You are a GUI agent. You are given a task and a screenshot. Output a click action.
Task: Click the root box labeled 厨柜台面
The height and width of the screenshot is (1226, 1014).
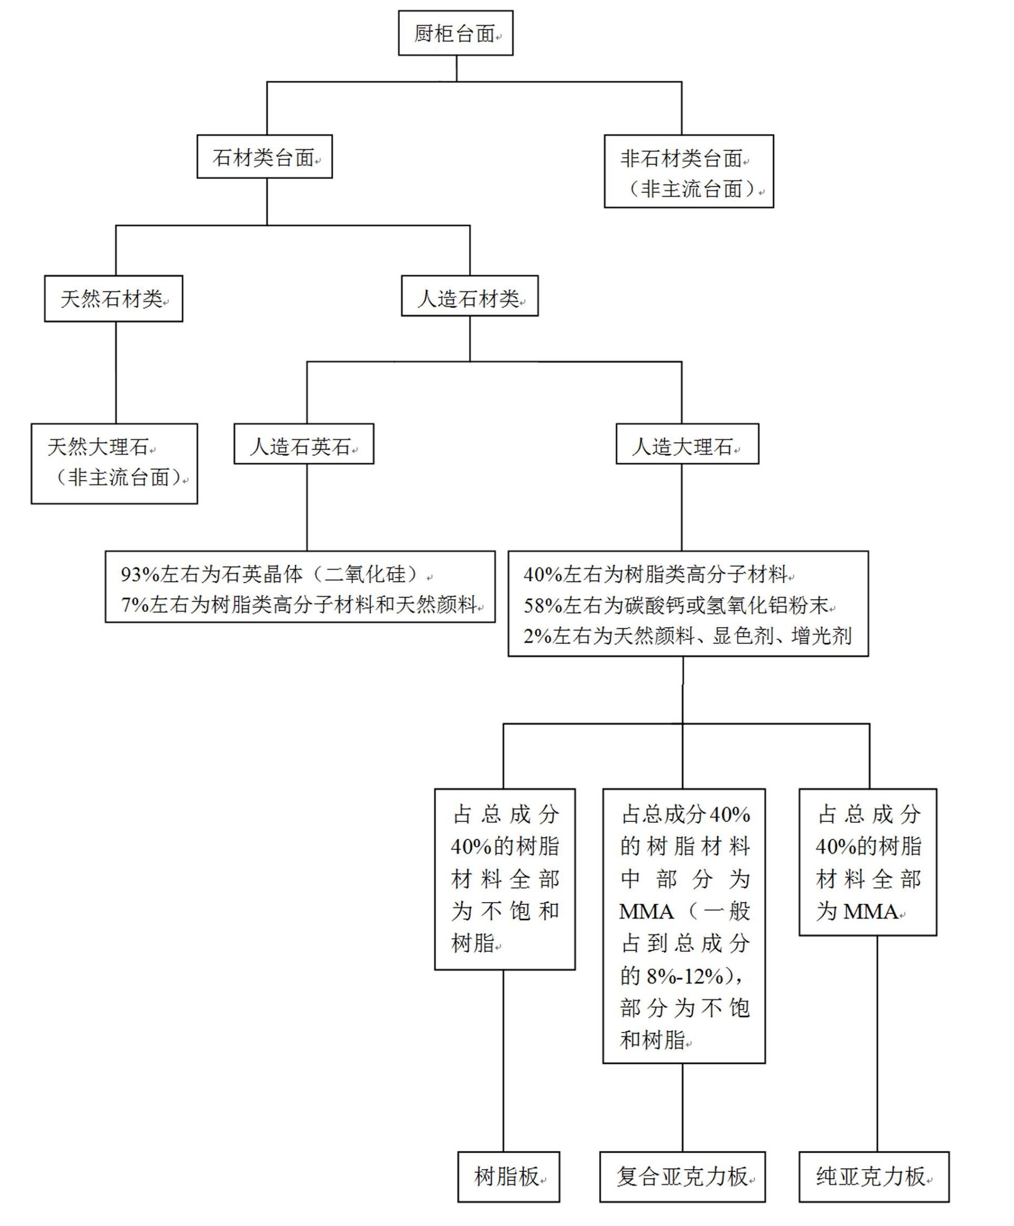pos(456,33)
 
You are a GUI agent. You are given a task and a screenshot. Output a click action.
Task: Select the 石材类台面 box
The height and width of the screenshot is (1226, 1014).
pos(264,157)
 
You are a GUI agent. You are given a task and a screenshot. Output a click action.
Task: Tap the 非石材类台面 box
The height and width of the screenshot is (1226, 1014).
pos(689,172)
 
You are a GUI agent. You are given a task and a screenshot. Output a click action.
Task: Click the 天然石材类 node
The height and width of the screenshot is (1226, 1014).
pos(113,299)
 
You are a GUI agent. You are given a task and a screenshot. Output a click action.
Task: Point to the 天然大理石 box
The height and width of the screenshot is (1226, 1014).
pos(114,463)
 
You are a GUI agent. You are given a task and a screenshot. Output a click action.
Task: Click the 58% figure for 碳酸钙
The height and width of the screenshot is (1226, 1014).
pos(543,606)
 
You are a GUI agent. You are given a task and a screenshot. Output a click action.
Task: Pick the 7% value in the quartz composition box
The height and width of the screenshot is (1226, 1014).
pos(134,605)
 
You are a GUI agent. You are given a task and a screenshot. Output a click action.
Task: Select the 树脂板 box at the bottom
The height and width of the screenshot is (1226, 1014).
pos(508,1177)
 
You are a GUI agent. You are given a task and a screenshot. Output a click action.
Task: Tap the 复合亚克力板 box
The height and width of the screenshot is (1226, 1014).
pos(682,1177)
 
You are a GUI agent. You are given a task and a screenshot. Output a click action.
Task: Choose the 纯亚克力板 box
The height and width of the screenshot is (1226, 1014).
pos(874,1177)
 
